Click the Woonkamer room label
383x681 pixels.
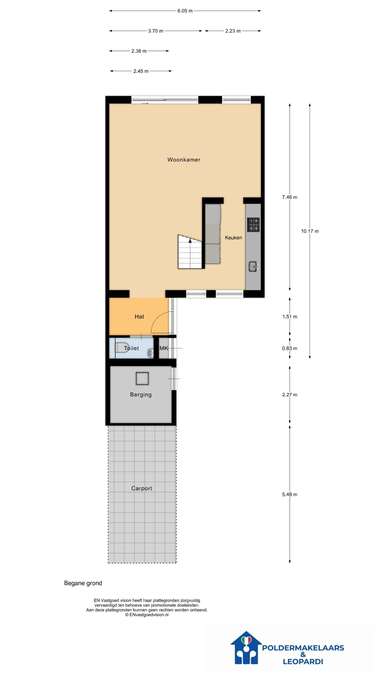coord(184,160)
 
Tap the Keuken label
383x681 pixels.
coord(233,238)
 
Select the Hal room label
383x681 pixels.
coord(139,316)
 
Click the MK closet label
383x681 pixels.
coord(164,348)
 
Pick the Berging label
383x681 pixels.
coord(141,395)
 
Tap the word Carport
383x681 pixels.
coord(141,488)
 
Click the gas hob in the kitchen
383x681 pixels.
coord(253,225)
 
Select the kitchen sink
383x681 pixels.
coord(253,267)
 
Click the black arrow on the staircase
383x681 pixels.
coord(190,241)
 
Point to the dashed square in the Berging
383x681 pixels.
coord(142,378)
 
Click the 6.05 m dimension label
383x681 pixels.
coord(185,11)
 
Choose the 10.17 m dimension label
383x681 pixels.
coord(310,231)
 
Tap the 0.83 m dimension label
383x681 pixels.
coord(290,348)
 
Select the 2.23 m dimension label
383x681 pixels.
coord(233,31)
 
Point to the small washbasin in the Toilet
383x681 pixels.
coord(151,353)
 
